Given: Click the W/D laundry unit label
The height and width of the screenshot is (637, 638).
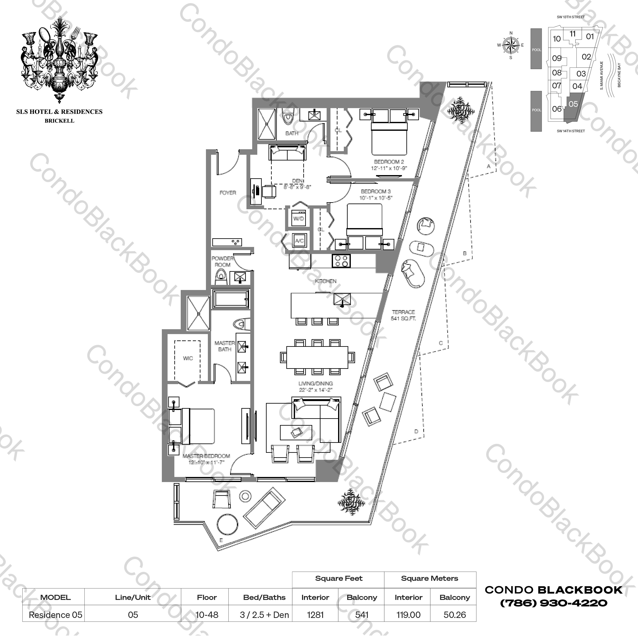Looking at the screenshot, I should pyautogui.click(x=298, y=219).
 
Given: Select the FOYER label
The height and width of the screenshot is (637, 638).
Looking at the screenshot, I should pyautogui.click(x=228, y=193).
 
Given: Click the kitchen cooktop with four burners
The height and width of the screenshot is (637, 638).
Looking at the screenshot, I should pyautogui.click(x=341, y=261).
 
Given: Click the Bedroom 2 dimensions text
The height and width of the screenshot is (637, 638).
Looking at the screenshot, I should pyautogui.click(x=389, y=168).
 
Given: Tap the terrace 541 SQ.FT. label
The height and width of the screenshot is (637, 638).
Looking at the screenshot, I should pyautogui.click(x=403, y=315).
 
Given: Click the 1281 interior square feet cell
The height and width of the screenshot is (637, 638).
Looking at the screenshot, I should pyautogui.click(x=315, y=615).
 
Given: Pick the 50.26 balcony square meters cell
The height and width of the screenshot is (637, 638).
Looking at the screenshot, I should pyautogui.click(x=454, y=615).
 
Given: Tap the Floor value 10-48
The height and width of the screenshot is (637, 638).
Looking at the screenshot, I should pyautogui.click(x=207, y=615).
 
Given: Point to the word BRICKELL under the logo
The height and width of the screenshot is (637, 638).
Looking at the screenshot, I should pyautogui.click(x=59, y=121).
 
